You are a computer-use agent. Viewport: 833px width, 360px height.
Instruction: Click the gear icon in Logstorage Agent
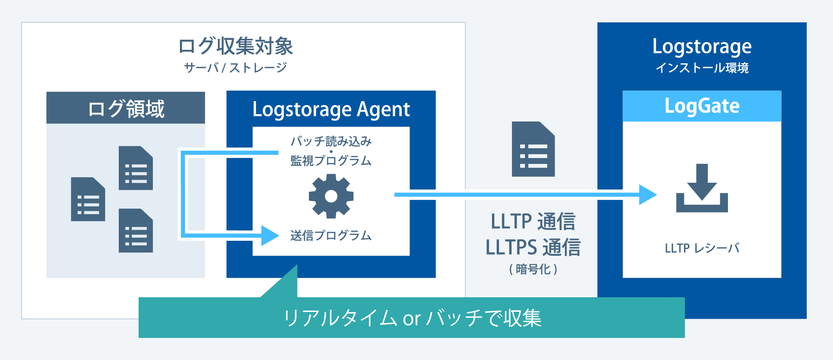pyautogui.click(x=331, y=196)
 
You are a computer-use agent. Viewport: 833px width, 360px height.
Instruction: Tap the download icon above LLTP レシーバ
pyautogui.click(x=702, y=188)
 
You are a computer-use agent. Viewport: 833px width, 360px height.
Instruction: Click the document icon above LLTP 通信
pyautogui.click(x=533, y=149)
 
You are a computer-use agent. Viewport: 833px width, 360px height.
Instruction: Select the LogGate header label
pyautogui.click(x=702, y=106)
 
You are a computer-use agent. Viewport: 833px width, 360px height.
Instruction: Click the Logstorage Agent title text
pyautogui.click(x=331, y=109)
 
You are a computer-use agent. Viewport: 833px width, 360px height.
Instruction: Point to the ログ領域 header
pyautogui.click(x=126, y=108)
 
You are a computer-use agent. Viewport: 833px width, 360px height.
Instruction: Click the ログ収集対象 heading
pyautogui.click(x=236, y=46)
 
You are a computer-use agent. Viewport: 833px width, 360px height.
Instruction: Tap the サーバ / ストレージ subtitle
pyautogui.click(x=236, y=68)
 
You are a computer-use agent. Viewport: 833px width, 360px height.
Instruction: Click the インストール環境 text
pyautogui.click(x=702, y=68)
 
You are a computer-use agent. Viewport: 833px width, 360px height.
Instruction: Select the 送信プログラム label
pyautogui.click(x=331, y=235)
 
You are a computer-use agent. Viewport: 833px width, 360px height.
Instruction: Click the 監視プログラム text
pyautogui.click(x=331, y=160)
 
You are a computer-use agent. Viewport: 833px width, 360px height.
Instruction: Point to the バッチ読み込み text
pyautogui.click(x=331, y=141)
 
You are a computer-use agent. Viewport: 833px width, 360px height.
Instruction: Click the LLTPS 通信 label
pyautogui.click(x=533, y=247)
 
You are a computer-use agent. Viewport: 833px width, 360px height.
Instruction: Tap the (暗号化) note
pyautogui.click(x=533, y=269)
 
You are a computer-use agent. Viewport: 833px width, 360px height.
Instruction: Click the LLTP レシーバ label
pyautogui.click(x=702, y=248)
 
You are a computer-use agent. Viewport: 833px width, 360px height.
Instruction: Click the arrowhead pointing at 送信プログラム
pyautogui.click(x=270, y=235)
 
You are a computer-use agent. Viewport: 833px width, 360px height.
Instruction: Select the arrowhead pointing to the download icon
pyautogui.click(x=648, y=195)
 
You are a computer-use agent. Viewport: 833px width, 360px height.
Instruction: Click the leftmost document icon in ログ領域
pyautogui.click(x=88, y=199)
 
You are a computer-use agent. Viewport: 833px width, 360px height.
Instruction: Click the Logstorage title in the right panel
pyautogui.click(x=702, y=47)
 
